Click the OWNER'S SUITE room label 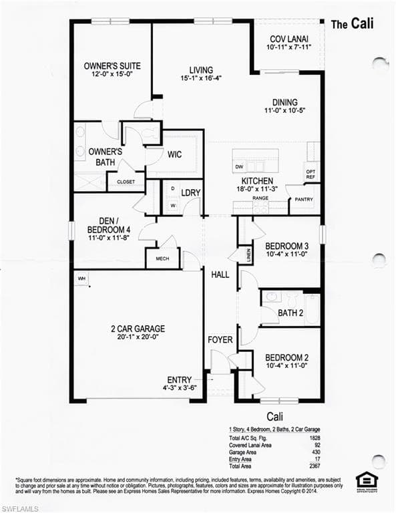pos(112,66)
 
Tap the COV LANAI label pos(288,39)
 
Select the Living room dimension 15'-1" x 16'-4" pos(201,78)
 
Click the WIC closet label pos(174,154)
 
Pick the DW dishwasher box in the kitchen pos(239,166)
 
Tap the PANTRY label pos(303,199)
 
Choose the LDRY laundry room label pos(191,192)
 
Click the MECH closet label pos(162,258)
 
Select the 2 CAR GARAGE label pos(138,329)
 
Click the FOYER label pos(220,340)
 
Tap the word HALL pos(220,275)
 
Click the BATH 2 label pos(290,312)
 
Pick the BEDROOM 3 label pos(286,245)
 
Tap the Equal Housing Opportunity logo pos(367,480)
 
